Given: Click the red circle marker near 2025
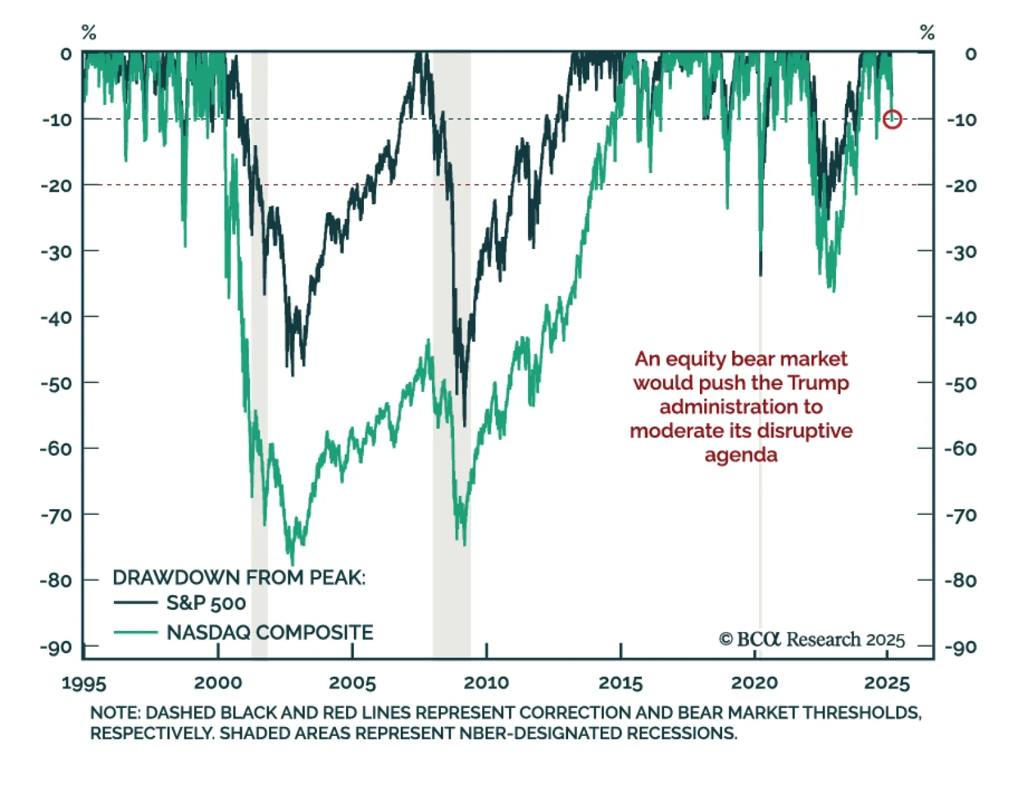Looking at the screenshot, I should [892, 119].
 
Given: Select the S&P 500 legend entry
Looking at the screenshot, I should [206, 602].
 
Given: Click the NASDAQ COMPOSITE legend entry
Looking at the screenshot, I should [269, 632].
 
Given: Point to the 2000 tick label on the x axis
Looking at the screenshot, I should [218, 683].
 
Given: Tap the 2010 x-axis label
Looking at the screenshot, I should [486, 683].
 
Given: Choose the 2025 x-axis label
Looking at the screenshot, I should [887, 683].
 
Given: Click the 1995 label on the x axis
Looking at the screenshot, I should [84, 683].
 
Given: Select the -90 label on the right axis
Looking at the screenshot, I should [961, 648].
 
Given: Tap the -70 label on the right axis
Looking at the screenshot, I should [961, 514].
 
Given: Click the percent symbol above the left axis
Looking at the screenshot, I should [89, 32].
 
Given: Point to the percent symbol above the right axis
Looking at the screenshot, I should [927, 32].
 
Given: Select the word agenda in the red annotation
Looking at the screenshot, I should [741, 455].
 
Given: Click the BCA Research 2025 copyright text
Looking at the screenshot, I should [812, 639].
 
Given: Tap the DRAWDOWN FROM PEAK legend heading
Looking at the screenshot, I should [239, 577].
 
